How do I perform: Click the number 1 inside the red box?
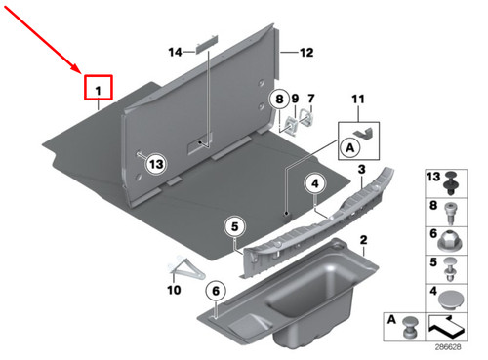pos(99,90)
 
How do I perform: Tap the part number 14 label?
pos(176,50)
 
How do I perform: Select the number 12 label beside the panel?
pos(306,51)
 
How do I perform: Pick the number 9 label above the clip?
pos(296,100)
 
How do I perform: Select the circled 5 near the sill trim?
pos(234,227)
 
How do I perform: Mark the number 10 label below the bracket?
pos(175,291)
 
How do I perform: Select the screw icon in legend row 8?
pos(456,209)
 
